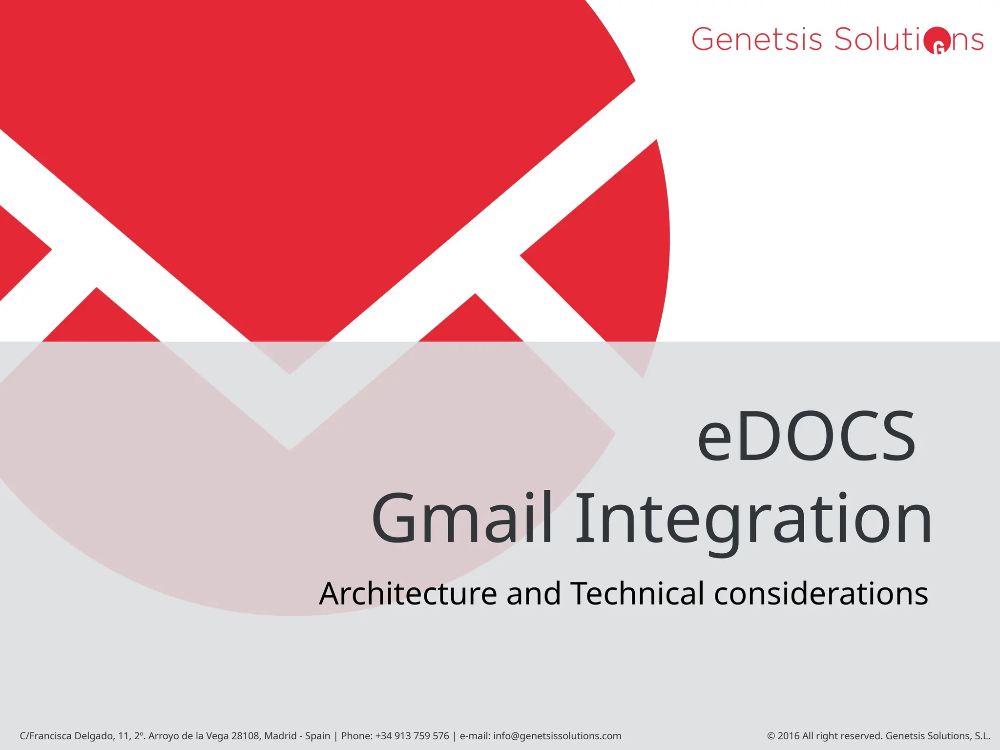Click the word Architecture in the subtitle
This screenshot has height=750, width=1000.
click(x=408, y=594)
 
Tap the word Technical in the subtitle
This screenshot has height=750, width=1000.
click(x=637, y=594)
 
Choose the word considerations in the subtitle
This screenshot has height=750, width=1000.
click(x=821, y=594)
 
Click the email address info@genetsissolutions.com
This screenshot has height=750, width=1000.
click(x=557, y=736)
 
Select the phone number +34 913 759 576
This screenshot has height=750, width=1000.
click(x=412, y=736)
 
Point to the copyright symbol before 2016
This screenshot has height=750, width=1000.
click(x=771, y=736)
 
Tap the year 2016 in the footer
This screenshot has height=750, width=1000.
click(x=788, y=736)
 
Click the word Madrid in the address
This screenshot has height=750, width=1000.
click(x=280, y=736)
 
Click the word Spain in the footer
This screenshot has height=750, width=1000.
click(x=317, y=736)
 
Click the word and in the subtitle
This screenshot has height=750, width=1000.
click(x=534, y=594)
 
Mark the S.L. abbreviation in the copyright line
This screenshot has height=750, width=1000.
click(x=982, y=736)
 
